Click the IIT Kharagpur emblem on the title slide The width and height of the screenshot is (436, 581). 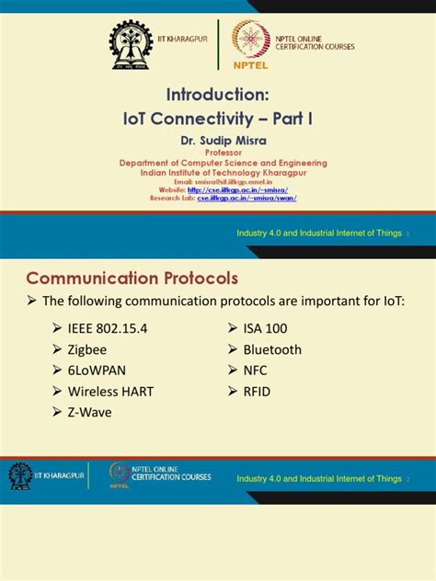pos(132,43)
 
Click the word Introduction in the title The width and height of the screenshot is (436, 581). pos(217,96)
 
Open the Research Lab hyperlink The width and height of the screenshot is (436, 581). pos(246,198)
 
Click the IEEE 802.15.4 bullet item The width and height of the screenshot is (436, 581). pos(109,328)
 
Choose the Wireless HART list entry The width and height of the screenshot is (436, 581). pos(110,392)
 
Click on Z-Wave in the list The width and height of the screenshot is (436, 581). pos(89,413)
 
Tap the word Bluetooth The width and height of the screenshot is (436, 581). pos(272,349)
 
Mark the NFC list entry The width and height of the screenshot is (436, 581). pos(257,370)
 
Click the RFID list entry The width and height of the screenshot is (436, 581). pos(258,392)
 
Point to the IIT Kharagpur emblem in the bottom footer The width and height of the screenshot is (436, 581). pos(20,476)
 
